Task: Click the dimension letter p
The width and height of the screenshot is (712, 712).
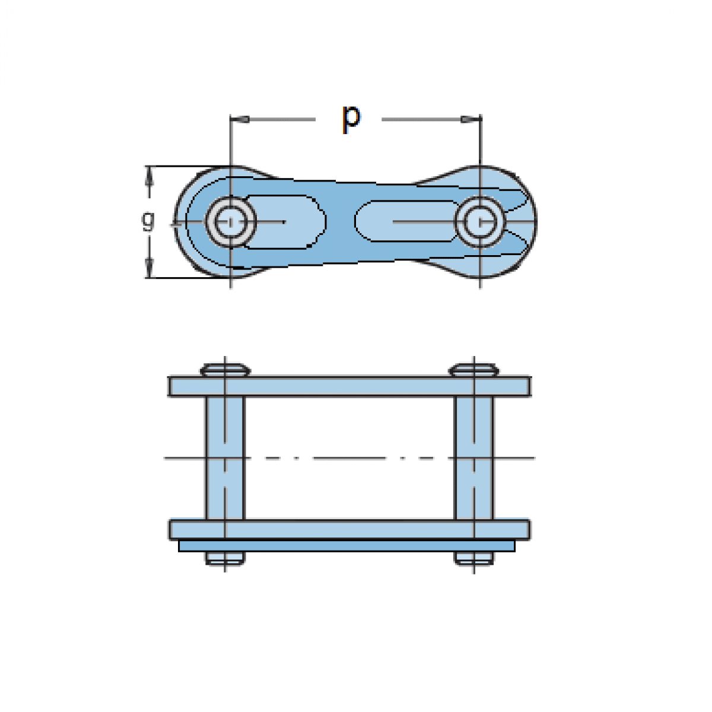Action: pos(351,119)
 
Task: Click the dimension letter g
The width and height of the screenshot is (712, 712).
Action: pos(148,221)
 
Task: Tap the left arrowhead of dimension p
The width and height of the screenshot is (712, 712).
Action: pos(240,119)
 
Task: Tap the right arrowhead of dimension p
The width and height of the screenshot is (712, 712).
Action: pos(471,119)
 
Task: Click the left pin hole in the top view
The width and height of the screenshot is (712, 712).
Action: pos(231,222)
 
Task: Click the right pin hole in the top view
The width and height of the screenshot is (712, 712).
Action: pos(481,222)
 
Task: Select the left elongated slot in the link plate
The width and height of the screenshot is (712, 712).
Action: pos(285,222)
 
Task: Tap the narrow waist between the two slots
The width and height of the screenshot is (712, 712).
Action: pos(341,222)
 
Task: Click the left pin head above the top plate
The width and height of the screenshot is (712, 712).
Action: pos(225,370)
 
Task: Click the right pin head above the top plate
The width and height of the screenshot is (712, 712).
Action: pos(474,370)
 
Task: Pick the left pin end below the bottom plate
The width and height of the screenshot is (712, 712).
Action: pos(225,558)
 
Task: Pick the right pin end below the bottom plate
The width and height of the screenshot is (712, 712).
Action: pos(474,558)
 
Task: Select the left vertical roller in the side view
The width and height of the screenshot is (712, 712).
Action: pos(225,458)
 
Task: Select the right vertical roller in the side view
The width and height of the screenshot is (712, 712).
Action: pos(474,458)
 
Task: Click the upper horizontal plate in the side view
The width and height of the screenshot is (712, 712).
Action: pos(349,386)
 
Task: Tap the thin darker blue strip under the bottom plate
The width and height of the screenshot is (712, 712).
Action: pos(347,546)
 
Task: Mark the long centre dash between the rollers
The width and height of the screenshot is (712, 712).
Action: pos(349,458)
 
